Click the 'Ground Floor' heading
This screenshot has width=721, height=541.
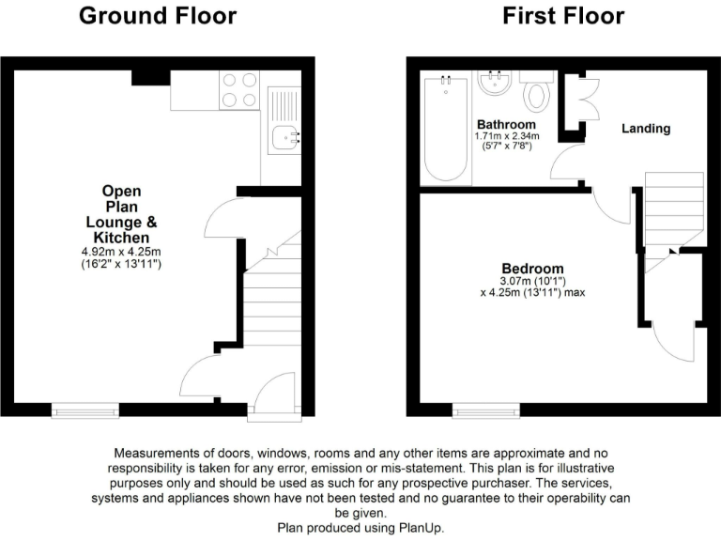(157, 16)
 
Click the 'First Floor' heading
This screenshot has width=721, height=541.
(563, 16)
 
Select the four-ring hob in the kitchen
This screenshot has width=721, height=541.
(238, 89)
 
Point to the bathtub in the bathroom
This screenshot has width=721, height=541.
(446, 129)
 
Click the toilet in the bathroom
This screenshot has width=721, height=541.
(538, 94)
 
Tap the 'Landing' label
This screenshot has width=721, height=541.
(646, 129)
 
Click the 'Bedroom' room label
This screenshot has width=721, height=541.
(532, 268)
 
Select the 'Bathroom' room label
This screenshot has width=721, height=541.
(506, 125)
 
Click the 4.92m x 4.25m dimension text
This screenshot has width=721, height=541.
(121, 252)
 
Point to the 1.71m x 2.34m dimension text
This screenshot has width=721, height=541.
(506, 136)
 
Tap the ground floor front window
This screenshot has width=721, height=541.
(85, 409)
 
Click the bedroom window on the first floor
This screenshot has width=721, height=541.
(485, 409)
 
